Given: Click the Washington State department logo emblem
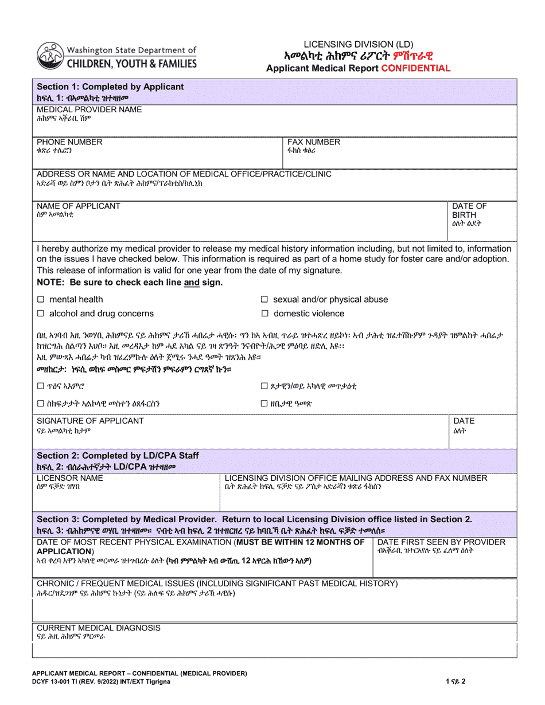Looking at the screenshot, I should pyautogui.click(x=50, y=56).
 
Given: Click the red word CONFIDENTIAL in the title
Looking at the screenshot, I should pyautogui.click(x=415, y=68).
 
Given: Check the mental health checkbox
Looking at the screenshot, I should pyautogui.click(x=41, y=299).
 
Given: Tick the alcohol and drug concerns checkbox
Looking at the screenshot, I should pyautogui.click(x=41, y=314).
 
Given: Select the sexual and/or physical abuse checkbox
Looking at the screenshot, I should pyautogui.click(x=264, y=299).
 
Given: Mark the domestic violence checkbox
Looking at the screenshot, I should pyautogui.click(x=264, y=314).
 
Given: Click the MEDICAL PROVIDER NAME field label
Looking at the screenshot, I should pyautogui.click(x=89, y=109).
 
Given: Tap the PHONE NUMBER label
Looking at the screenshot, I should pyautogui.click(x=69, y=142).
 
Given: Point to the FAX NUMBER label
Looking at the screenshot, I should pyautogui.click(x=313, y=142).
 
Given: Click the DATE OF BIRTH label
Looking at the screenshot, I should pyautogui.click(x=469, y=210).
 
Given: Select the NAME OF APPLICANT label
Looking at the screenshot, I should pyautogui.click(x=79, y=206).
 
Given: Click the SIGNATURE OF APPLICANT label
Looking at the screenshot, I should pyautogui.click(x=90, y=421).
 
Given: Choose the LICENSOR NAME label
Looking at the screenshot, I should pyautogui.click(x=70, y=477).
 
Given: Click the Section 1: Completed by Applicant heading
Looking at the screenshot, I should pyautogui.click(x=110, y=87).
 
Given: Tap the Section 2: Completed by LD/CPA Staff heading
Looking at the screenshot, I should pyautogui.click(x=118, y=456).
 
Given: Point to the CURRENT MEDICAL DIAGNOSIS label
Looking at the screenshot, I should pyautogui.click(x=99, y=628).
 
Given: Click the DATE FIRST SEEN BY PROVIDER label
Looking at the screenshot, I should pyautogui.click(x=441, y=542).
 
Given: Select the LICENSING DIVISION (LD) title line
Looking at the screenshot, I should pyautogui.click(x=358, y=44).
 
